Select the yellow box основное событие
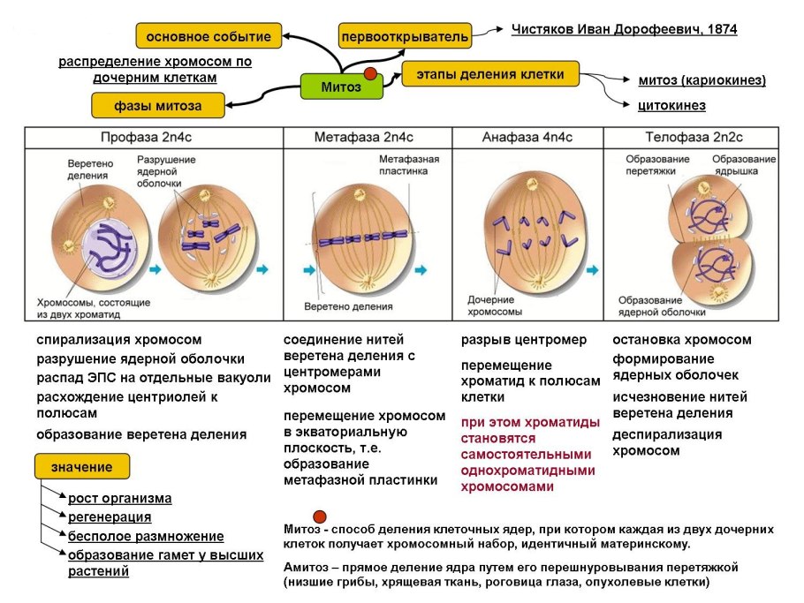click(209, 36)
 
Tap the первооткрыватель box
click(405, 38)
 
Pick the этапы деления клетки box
click(489, 74)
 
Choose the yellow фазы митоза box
click(157, 106)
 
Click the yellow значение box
click(81, 467)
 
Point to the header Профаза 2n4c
click(153, 138)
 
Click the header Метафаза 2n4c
click(363, 138)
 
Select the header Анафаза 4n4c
click(527, 138)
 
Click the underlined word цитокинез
click(671, 106)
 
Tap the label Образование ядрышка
click(744, 164)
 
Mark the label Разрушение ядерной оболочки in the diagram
click(165, 171)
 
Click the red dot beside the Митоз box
click(371, 73)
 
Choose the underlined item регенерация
click(110, 517)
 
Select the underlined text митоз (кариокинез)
click(702, 81)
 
